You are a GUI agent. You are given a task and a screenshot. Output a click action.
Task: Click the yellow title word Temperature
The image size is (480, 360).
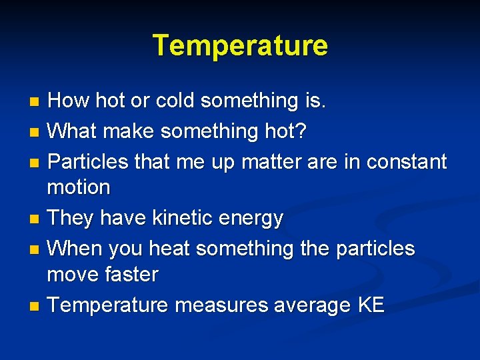pyautogui.click(x=240, y=46)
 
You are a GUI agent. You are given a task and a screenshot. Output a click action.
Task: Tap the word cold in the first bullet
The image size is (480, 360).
pyautogui.click(x=176, y=101)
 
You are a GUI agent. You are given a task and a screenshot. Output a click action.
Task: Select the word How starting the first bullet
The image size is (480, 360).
pyautogui.click(x=69, y=101)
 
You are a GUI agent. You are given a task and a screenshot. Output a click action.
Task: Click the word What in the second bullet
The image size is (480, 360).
pyautogui.click(x=73, y=131)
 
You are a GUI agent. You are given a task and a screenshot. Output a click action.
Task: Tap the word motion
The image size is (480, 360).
pyautogui.click(x=79, y=187)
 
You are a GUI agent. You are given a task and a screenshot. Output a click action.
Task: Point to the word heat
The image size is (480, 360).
pyautogui.click(x=171, y=249)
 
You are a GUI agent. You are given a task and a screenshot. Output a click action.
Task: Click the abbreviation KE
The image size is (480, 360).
pyautogui.click(x=371, y=305)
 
